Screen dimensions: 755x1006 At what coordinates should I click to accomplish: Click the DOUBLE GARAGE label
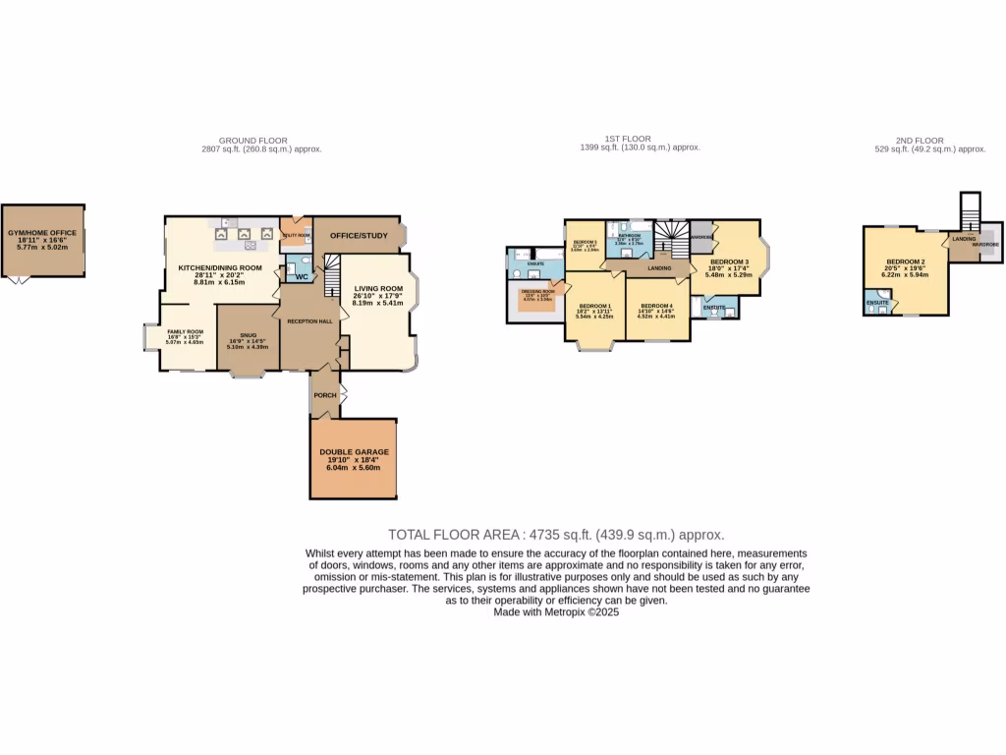(354, 452)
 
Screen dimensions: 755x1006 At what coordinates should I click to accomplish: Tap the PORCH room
(324, 395)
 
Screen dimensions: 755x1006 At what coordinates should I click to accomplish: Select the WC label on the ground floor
(302, 276)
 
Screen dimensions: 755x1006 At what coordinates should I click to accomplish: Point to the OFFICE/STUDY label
(359, 236)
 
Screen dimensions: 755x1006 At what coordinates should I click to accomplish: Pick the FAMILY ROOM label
(185, 332)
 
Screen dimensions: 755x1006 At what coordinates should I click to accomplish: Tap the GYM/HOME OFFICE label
(41, 233)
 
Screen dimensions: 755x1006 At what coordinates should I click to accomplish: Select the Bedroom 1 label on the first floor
(595, 306)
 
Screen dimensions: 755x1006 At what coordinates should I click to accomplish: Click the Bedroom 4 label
(656, 306)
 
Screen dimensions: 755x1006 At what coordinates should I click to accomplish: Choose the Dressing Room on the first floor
(537, 291)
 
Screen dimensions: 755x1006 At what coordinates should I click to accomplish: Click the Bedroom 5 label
(585, 241)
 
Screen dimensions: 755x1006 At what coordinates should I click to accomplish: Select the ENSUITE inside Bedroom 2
(877, 303)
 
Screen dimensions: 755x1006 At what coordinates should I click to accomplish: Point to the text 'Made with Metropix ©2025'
(556, 611)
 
